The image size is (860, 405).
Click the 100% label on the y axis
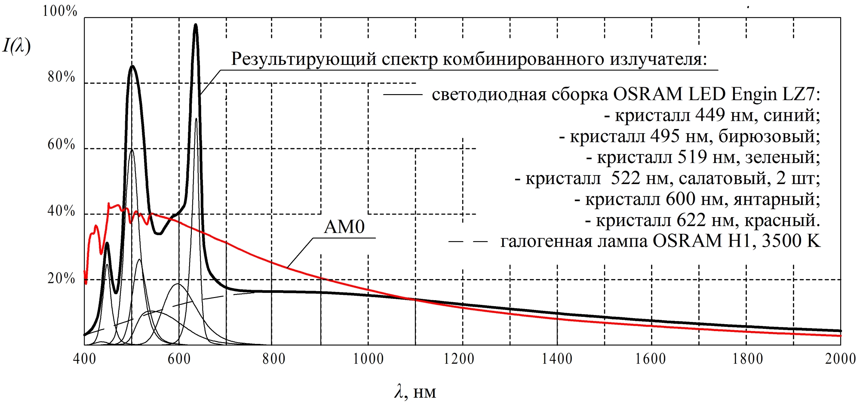click(x=60, y=11)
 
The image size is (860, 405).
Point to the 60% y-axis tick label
click(x=61, y=144)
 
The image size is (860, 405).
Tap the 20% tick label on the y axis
click(x=61, y=279)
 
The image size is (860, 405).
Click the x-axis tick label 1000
click(x=368, y=359)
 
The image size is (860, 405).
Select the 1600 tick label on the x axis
click(x=651, y=359)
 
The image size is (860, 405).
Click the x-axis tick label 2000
click(x=840, y=359)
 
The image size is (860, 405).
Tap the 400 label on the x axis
click(x=85, y=359)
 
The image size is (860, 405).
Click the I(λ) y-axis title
click(x=17, y=46)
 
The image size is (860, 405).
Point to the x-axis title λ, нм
click(x=415, y=392)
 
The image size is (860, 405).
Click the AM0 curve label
click(x=344, y=227)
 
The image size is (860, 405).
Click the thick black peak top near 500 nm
click(x=132, y=66)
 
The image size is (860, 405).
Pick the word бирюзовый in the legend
click(x=769, y=136)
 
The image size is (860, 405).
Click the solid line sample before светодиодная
click(x=402, y=95)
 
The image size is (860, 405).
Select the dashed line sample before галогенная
click(x=468, y=242)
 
